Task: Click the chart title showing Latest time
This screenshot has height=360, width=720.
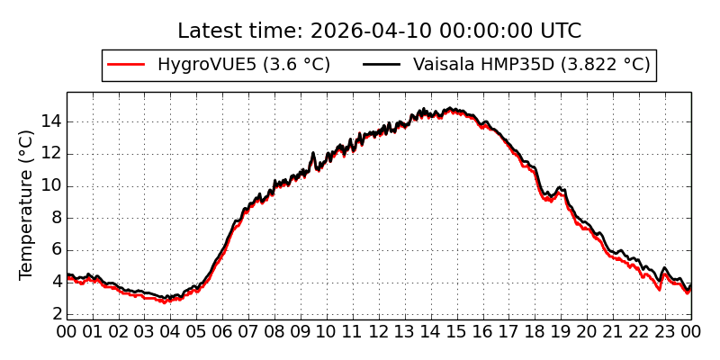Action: (379, 31)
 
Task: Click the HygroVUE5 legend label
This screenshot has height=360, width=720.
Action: (243, 65)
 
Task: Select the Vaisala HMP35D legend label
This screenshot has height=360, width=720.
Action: (531, 65)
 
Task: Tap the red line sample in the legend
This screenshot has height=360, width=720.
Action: (126, 65)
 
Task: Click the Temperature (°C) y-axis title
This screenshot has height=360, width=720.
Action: (27, 204)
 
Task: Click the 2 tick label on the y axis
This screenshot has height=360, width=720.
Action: (57, 314)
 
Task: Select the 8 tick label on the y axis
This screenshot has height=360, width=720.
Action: (57, 218)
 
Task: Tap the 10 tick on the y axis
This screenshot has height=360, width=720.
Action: (51, 185)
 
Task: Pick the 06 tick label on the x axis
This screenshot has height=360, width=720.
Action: (223, 331)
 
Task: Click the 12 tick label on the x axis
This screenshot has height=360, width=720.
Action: (379, 331)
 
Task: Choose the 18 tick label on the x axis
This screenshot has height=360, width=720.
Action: (535, 331)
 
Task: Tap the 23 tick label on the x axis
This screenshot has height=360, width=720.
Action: (665, 331)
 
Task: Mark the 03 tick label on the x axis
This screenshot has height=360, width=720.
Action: (145, 331)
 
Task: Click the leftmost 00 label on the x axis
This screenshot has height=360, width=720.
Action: (67, 331)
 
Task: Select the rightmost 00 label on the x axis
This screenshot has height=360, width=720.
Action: (691, 331)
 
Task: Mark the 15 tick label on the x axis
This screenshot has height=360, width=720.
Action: (457, 331)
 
